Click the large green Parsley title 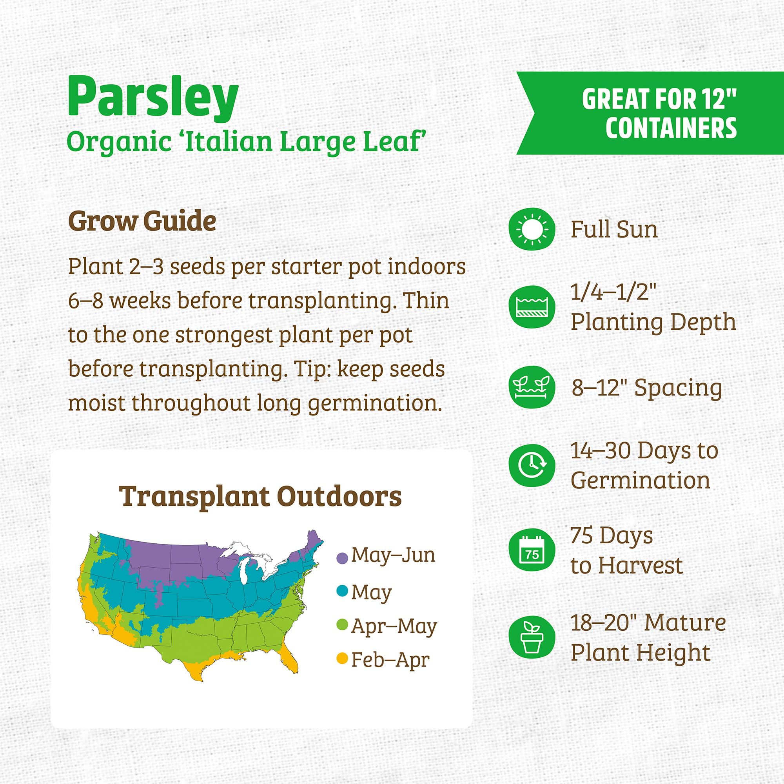click(153, 97)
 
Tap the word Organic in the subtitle click(118, 142)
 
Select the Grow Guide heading click(142, 221)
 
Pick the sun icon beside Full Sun click(532, 229)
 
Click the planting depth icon click(532, 307)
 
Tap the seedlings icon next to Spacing click(532, 387)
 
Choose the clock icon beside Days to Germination click(532, 465)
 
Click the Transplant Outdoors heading click(260, 496)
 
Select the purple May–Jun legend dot click(343, 558)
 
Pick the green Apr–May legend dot click(343, 624)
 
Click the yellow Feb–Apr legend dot click(343, 658)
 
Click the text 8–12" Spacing click(647, 388)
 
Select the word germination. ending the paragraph click(374, 403)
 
